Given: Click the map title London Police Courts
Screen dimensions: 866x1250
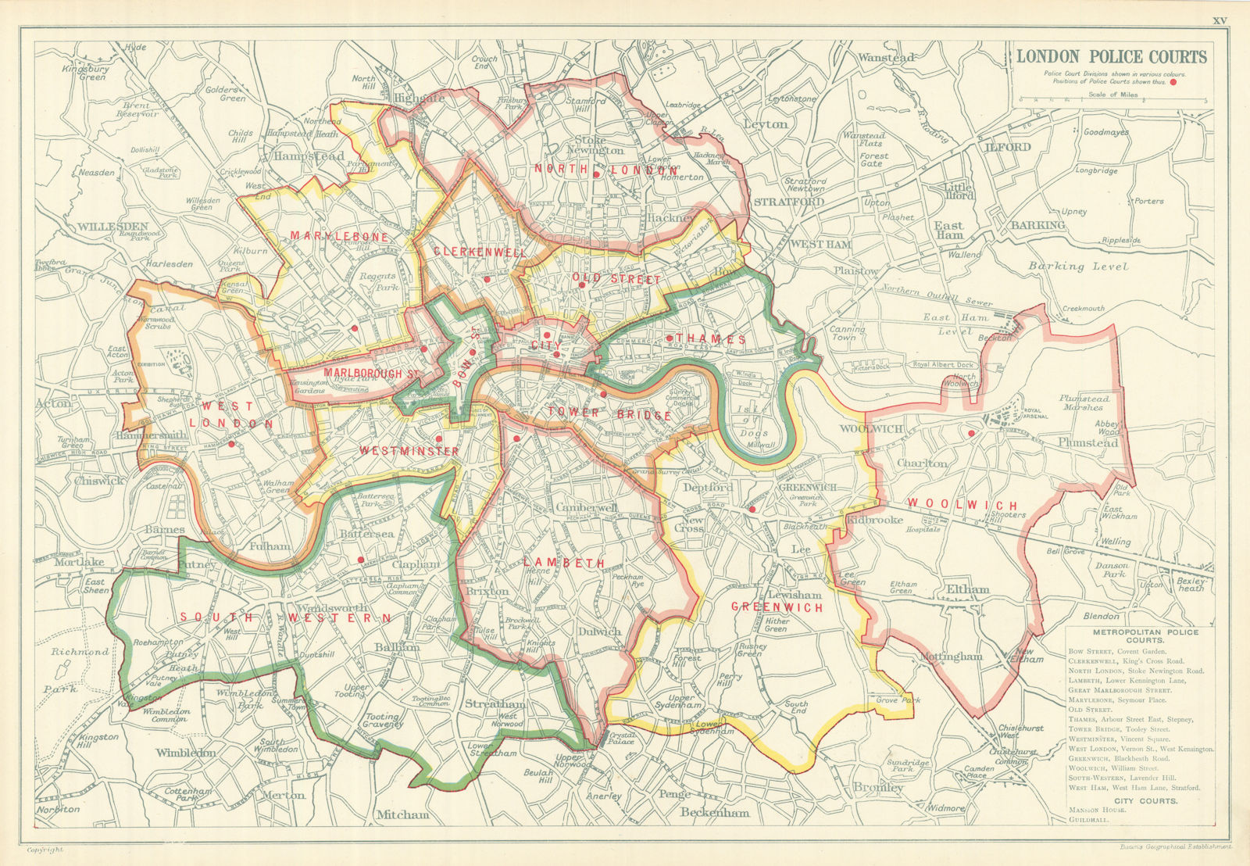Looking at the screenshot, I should click(1111, 57).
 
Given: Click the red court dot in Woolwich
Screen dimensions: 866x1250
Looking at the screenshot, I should click(971, 433).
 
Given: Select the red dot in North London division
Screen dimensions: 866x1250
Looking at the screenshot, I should click(595, 174).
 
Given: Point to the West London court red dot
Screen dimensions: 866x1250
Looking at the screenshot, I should click(232, 444).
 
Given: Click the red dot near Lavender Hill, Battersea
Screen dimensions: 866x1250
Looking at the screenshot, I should click(360, 560).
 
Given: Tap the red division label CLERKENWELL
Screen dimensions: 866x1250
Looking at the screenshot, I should click(480, 252).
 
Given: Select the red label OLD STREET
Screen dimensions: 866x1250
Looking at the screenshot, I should click(616, 279).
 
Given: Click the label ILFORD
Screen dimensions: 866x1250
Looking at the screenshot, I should click(1008, 147).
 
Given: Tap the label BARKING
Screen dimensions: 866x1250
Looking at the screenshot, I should click(1037, 225).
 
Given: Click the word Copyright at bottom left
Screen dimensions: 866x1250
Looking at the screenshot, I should click(45, 850).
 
